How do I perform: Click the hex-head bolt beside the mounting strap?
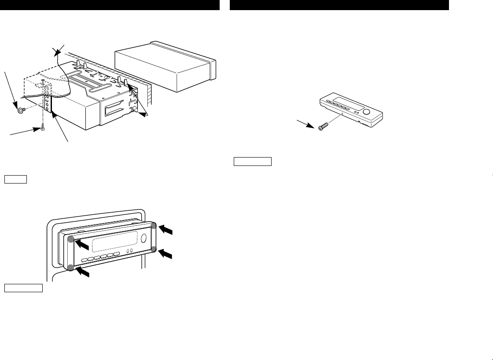tap(19, 111)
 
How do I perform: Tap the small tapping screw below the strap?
tap(42, 128)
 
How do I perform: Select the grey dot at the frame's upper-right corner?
tap(154, 226)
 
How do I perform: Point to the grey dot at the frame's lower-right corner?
tap(154, 250)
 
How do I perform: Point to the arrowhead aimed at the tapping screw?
tap(37, 129)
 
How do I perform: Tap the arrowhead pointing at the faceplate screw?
tap(315, 125)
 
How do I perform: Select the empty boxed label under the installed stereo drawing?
tap(23, 288)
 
